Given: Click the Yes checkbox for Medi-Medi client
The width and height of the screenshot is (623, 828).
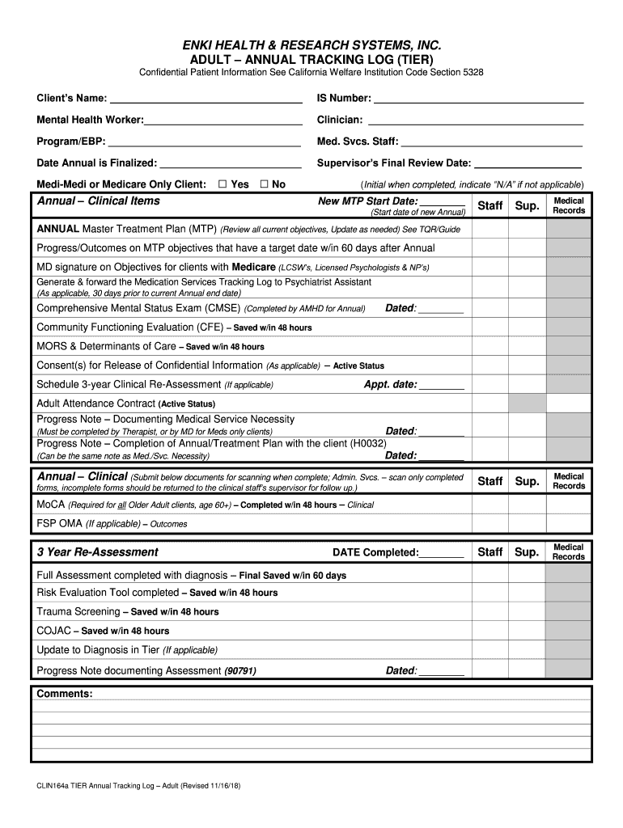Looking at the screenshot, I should (x=222, y=184).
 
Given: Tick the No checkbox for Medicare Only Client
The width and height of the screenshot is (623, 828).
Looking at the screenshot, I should (x=264, y=184).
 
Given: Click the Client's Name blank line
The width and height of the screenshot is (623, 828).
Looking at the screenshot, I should (x=206, y=100).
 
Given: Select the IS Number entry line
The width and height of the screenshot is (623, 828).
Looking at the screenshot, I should (x=478, y=100).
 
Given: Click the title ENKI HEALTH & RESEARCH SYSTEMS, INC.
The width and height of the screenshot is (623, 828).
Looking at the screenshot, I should (x=311, y=45).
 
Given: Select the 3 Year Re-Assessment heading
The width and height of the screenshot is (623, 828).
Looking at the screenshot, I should (x=97, y=552).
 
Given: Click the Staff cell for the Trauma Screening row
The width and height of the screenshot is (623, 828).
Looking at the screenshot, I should (x=490, y=612).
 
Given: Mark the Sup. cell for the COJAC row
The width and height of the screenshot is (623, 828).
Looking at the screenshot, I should (x=527, y=631).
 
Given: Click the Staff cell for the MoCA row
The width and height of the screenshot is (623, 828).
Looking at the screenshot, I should (x=490, y=505).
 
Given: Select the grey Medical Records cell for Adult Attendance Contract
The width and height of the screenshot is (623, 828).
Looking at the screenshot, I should (x=568, y=403).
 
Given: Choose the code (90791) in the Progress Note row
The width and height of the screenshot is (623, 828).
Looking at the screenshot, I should (x=240, y=671).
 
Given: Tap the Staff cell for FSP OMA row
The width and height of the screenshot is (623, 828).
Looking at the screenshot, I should (x=490, y=524).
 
